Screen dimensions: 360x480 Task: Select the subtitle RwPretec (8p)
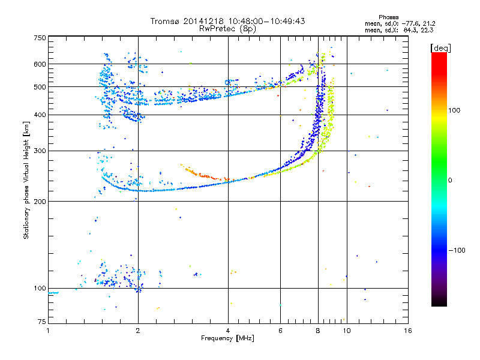[229, 28]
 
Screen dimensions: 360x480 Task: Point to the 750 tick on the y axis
[40, 38]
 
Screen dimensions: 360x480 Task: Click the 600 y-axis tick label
[40, 64]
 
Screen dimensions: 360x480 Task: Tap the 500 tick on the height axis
[40, 87]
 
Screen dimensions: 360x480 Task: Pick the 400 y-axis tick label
[40, 115]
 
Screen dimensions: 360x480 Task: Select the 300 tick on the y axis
[40, 151]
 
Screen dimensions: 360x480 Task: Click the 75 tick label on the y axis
[41, 322]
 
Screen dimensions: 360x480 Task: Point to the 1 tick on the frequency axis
[48, 331]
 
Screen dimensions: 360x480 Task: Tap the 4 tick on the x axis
[229, 331]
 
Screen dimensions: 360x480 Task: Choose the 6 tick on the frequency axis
[280, 331]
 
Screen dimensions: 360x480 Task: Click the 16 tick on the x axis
[407, 331]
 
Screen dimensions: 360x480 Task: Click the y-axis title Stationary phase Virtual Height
[26, 180]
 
